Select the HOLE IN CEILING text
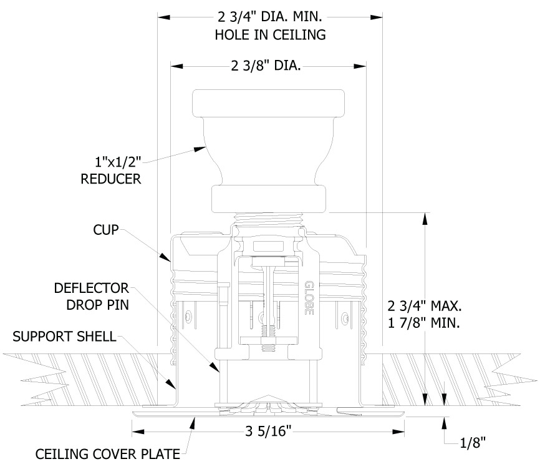pos(270,35)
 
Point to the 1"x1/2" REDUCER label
pos(111,169)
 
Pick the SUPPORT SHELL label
pos(64,337)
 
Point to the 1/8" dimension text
pos(472,443)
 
